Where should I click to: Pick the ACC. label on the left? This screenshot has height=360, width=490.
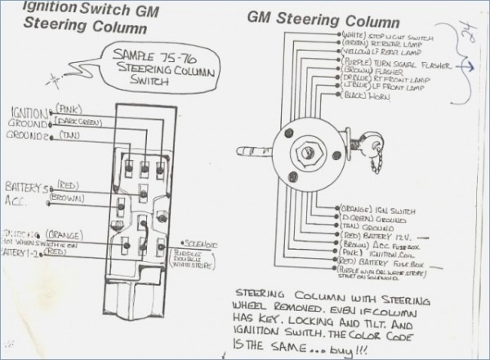(17, 198)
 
